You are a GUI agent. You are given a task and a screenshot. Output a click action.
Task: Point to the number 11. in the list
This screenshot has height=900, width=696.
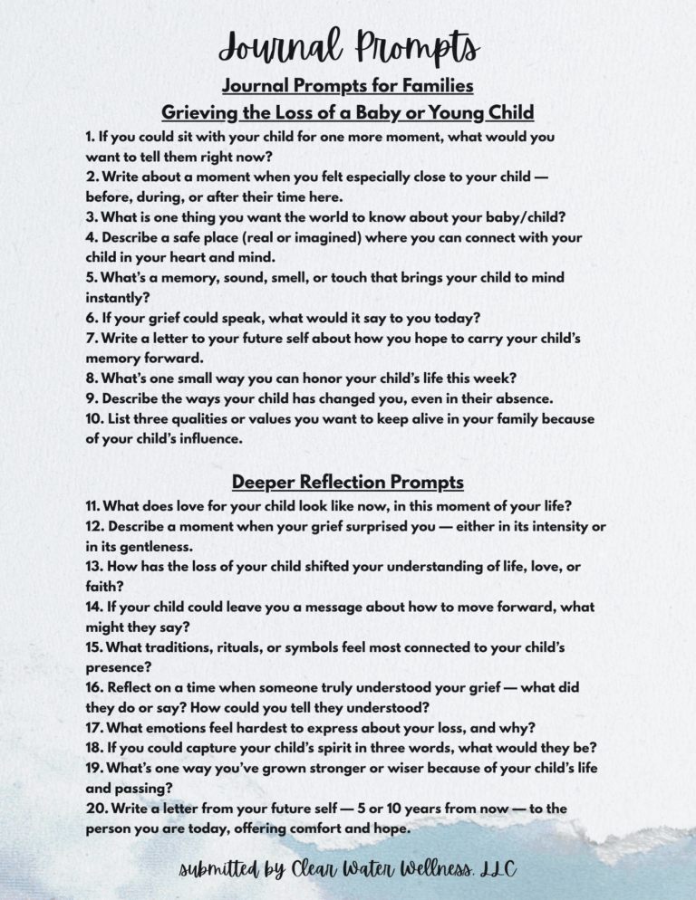coord(94,506)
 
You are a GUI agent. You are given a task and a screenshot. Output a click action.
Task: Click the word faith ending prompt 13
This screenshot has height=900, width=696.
coord(101,587)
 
